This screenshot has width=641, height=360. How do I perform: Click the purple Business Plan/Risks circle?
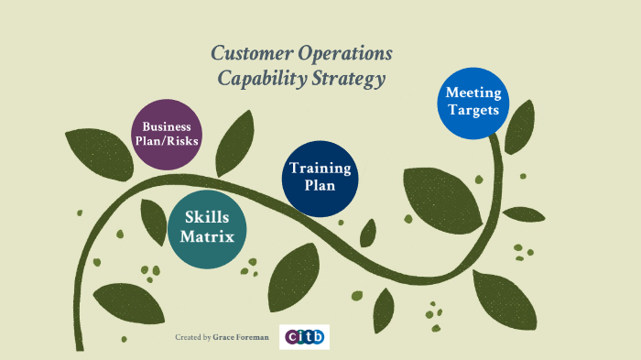click(x=166, y=134)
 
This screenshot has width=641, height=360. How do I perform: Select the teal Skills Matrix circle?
click(x=208, y=228)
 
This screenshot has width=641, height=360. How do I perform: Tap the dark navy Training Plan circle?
click(x=320, y=178)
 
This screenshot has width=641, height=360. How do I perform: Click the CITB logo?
click(x=304, y=337)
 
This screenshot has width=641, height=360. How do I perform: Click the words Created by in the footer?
click(x=193, y=338)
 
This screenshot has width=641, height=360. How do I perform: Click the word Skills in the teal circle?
click(x=208, y=218)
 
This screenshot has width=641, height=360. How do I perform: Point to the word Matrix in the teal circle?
click(x=208, y=237)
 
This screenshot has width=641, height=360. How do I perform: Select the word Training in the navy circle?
click(x=320, y=169)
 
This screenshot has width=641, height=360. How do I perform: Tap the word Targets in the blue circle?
click(x=473, y=111)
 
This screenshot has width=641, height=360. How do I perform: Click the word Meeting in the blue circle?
click(x=473, y=93)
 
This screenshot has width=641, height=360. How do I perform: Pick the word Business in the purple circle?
click(x=166, y=126)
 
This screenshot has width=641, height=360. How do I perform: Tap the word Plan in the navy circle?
click(x=320, y=187)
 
